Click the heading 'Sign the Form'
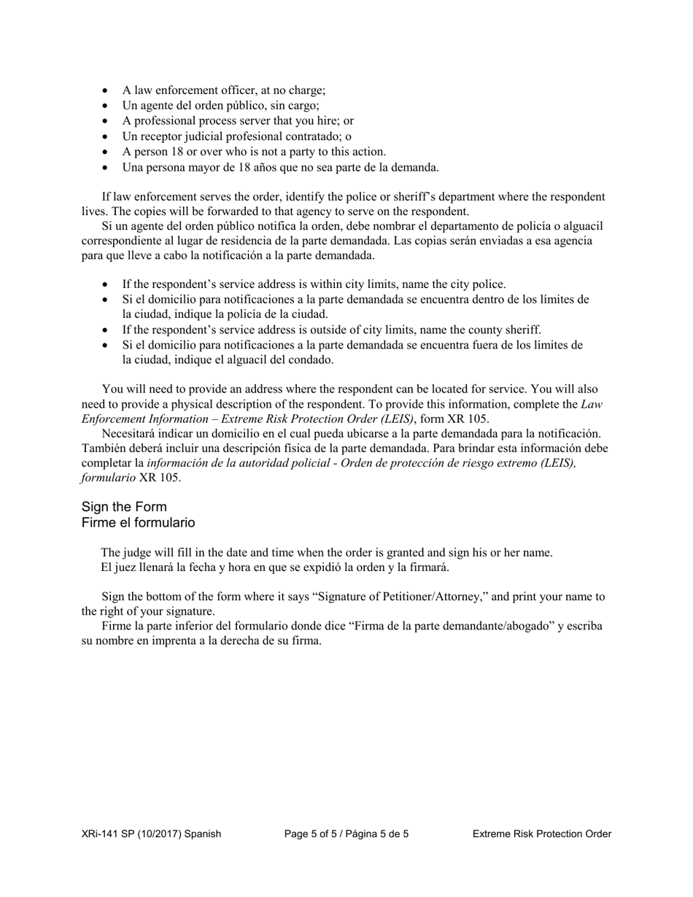point(124,507)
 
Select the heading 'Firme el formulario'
point(138,523)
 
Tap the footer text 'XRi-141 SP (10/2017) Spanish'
point(151,834)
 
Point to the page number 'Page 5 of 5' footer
point(313,834)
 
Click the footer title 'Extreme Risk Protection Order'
point(541,834)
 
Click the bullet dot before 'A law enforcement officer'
point(106,91)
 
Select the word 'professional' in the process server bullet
point(160,121)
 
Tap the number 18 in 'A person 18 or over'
point(172,152)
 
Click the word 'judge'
point(136,553)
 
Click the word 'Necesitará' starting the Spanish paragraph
point(128,434)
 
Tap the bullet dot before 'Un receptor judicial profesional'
point(106,137)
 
